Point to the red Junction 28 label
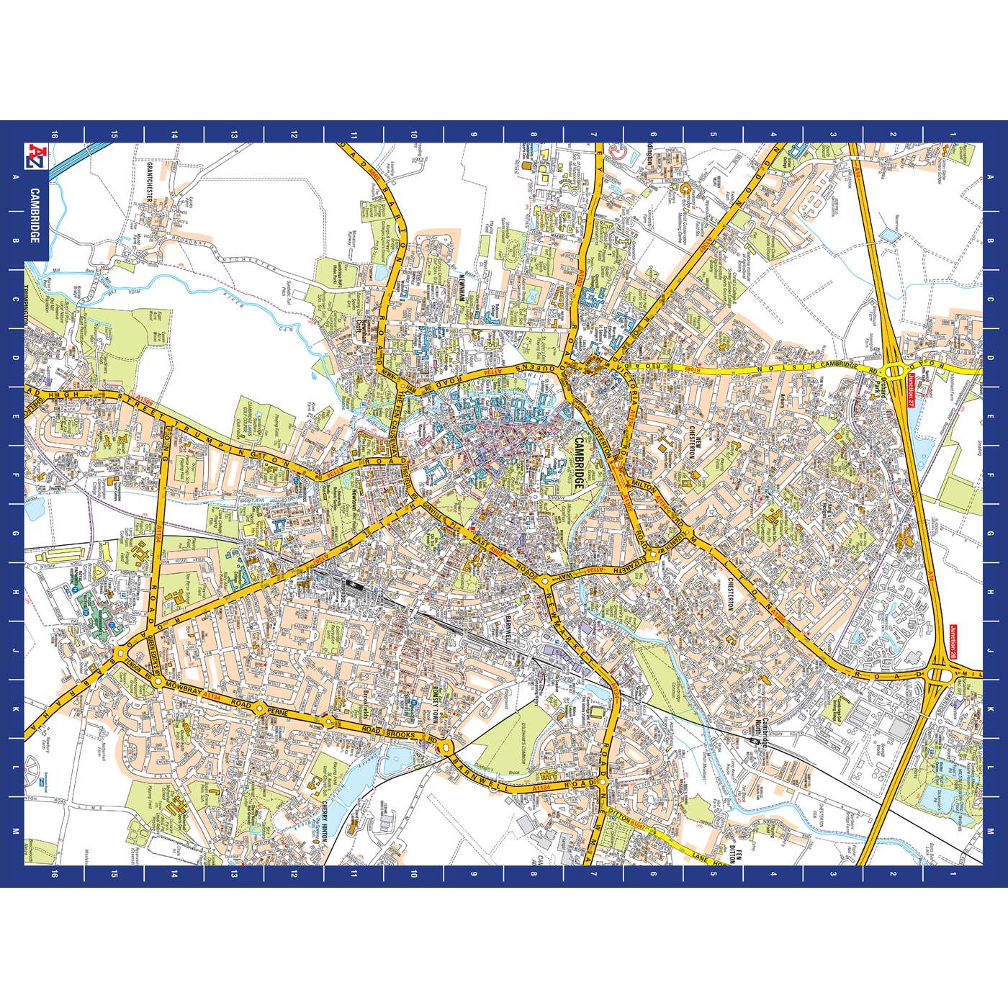coord(955,643)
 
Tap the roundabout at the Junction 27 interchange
coord(896,371)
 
